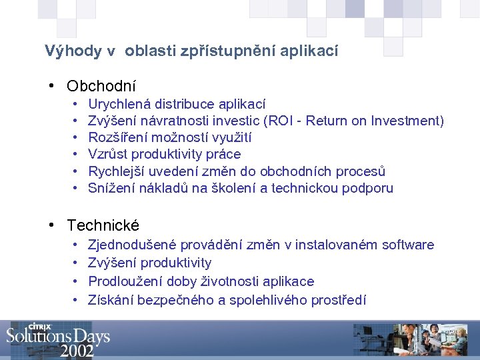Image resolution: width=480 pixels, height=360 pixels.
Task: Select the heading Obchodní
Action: pos(101,86)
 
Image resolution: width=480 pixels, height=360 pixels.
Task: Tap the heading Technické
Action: pos(103,226)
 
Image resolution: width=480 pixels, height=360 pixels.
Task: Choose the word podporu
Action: pos(367,188)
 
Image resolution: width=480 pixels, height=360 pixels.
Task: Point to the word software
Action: pos(407,245)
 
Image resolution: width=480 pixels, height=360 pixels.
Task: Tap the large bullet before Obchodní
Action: pos(51,86)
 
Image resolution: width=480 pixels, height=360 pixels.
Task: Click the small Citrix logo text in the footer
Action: pos(41,327)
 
